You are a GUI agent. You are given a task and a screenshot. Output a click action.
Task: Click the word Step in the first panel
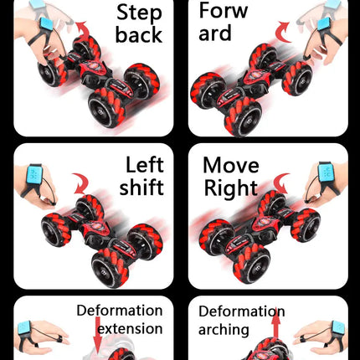coord(139,14)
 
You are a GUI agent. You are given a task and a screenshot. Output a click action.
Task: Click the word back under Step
coord(139,34)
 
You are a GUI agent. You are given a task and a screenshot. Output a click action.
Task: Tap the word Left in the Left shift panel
coord(145,165)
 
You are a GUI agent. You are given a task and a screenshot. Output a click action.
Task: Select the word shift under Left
coord(141,187)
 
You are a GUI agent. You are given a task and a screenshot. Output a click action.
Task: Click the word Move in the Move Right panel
coord(231,165)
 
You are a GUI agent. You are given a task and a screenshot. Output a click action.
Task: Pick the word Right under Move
coord(231,188)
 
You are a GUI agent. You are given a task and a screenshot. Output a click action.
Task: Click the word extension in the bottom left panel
coord(130,329)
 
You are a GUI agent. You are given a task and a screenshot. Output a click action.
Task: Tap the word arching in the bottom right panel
coord(224,330)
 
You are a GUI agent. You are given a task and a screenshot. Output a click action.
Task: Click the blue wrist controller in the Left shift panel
coord(34,173)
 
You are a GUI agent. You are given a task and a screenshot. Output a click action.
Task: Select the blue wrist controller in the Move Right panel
coord(327,171)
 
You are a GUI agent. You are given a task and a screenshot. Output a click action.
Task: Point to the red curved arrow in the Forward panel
coord(283,32)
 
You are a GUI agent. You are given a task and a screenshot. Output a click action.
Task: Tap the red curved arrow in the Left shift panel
coord(80,183)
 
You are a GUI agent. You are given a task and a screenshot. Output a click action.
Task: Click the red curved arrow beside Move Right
coord(281,183)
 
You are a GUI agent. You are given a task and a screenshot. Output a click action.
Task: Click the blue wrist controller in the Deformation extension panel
coord(24,329)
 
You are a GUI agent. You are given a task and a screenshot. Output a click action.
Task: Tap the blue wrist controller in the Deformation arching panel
coord(338,329)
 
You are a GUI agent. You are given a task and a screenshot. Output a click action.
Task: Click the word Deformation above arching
coord(242,311)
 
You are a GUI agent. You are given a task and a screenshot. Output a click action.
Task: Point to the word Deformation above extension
coord(120,311)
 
